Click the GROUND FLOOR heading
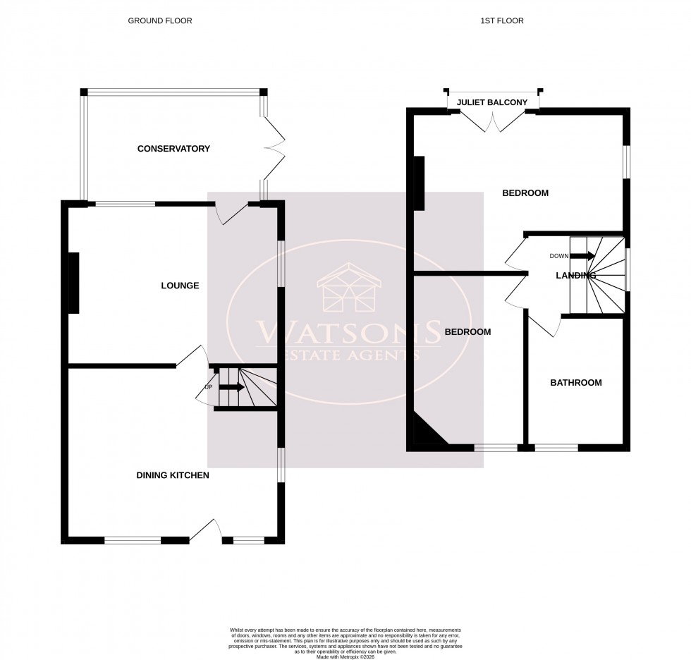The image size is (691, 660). click(159, 20)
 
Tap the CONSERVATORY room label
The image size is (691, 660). click(173, 149)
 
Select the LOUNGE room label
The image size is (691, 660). click(180, 286)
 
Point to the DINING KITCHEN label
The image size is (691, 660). click(172, 475)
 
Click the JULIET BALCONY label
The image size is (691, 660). click(492, 103)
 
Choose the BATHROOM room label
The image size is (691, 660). click(576, 383)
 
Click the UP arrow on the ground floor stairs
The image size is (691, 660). click(232, 386)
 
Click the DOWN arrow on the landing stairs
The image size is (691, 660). click(582, 256)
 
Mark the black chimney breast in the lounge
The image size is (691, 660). click(73, 282)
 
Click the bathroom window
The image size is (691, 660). click(556, 447)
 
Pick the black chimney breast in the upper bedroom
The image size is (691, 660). click(418, 183)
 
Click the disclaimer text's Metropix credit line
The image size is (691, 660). click(345, 657)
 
